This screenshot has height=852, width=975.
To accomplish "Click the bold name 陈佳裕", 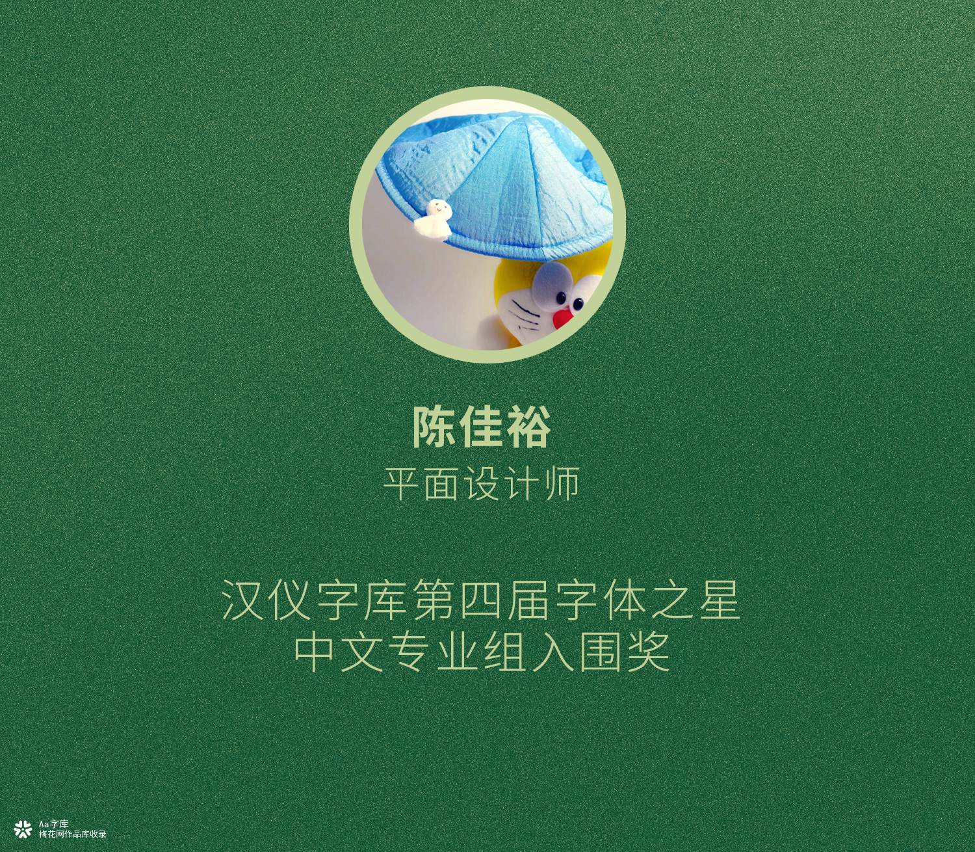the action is [481, 427].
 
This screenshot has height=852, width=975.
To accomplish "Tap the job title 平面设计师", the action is [481, 483].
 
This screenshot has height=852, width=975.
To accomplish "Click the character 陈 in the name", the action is [435, 427].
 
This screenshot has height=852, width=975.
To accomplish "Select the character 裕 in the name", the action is [528, 427].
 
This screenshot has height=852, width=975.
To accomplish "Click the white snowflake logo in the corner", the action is [23, 829].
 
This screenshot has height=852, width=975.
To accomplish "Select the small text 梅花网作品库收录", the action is [72, 834].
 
